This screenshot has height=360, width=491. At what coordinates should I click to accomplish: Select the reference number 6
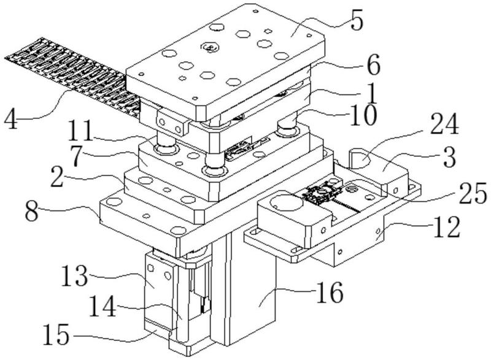[x=369, y=63]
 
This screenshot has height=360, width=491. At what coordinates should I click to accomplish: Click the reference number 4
[x=14, y=115]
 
